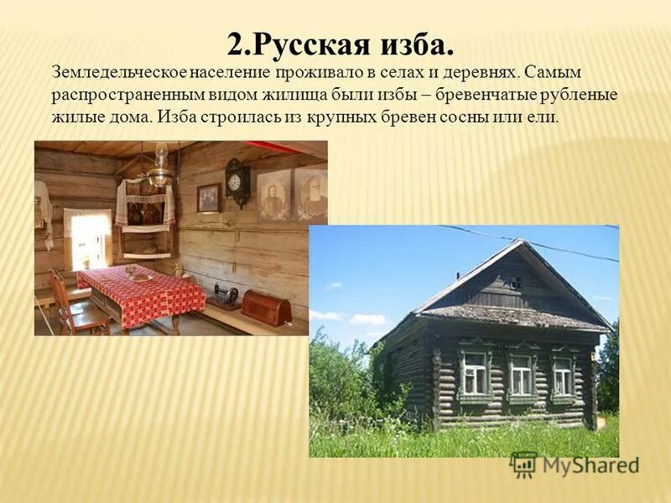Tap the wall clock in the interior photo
[237, 181]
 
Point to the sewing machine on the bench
[223, 295]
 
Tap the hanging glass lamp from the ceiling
[159, 172]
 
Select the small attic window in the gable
[514, 283]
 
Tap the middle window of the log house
[521, 374]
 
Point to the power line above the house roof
[537, 244]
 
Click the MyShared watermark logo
[575, 464]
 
